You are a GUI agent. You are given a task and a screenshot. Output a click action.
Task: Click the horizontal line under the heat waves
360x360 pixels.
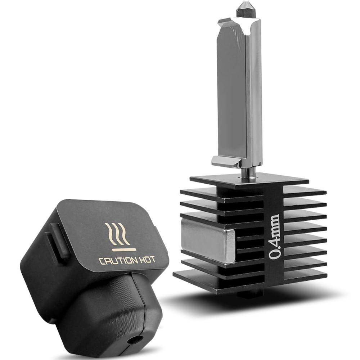(124, 249)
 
